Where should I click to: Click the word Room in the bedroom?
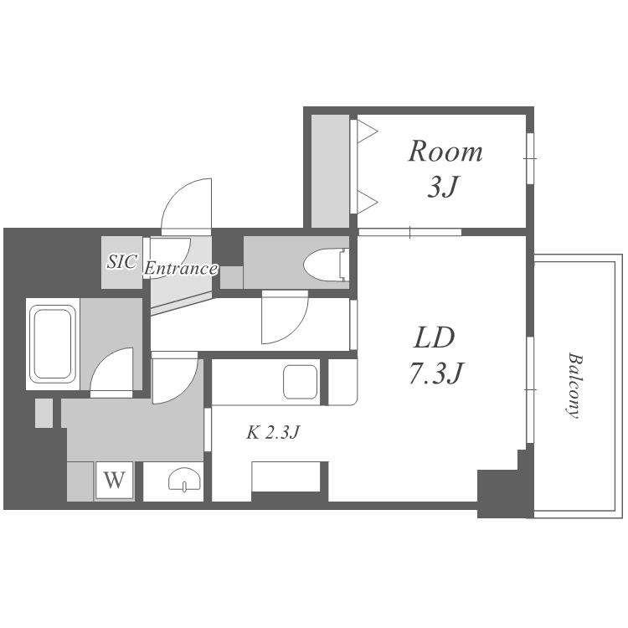[x=445, y=152]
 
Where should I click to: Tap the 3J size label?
[x=443, y=186]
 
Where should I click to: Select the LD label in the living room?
[x=434, y=337]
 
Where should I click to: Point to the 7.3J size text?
[x=436, y=373]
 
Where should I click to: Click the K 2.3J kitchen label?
[x=273, y=433]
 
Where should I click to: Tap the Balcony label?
[x=574, y=385]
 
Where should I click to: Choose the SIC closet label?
[x=122, y=262]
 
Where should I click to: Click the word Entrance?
[x=181, y=268]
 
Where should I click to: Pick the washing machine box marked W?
[x=115, y=480]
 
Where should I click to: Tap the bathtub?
[x=53, y=343]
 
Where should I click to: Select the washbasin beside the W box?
[x=184, y=480]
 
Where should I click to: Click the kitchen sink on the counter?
[x=301, y=382]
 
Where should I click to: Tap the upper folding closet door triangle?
[x=368, y=131]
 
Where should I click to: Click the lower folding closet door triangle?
[x=368, y=203]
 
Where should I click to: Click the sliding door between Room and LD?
[x=409, y=232]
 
